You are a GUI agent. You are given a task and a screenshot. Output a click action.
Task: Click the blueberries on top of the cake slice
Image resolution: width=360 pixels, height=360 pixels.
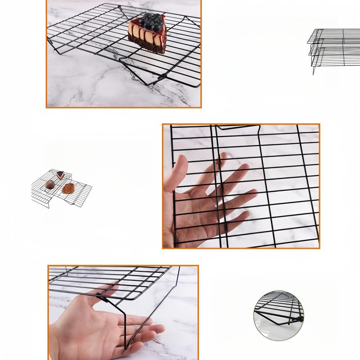coord(149,20)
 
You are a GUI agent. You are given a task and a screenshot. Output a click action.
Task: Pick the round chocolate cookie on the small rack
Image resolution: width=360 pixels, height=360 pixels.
coord(50,184)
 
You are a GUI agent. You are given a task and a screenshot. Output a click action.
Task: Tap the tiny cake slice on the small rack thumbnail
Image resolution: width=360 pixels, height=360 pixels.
coord(60,173)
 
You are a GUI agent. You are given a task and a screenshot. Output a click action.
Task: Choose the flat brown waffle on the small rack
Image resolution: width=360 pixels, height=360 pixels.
coord(68,188)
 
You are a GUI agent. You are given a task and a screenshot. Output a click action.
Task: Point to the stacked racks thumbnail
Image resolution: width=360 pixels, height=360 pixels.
coord(333,45)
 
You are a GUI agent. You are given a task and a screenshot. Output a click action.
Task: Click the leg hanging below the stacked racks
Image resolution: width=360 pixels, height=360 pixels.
coord(314,67)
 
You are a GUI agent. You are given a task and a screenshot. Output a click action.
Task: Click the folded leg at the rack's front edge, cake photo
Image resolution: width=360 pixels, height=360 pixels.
coord(157,80)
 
